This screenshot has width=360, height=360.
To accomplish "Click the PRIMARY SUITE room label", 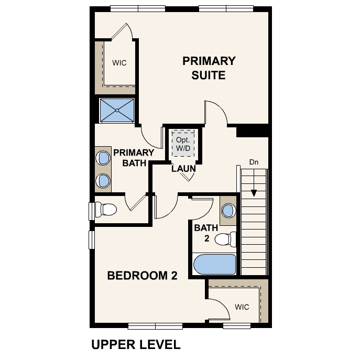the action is [x=209, y=68].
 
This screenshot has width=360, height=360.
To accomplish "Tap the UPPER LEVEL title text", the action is [x=136, y=345].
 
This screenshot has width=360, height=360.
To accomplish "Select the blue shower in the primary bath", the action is [x=117, y=110].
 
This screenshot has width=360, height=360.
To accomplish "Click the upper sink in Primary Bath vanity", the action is [x=103, y=158].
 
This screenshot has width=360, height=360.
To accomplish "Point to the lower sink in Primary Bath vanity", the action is [x=103, y=180].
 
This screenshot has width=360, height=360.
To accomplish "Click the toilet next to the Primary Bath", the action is [x=106, y=209].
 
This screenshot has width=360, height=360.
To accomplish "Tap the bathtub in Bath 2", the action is [x=214, y=264].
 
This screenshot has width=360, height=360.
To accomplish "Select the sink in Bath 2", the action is [x=228, y=211].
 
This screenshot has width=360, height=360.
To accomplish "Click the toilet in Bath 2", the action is [x=225, y=239].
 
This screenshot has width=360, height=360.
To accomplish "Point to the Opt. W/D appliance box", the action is [x=183, y=144].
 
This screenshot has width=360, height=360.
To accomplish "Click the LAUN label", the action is [x=184, y=169].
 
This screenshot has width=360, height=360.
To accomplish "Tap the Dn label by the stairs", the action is [x=254, y=162].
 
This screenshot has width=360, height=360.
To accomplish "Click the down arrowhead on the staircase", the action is [x=254, y=193].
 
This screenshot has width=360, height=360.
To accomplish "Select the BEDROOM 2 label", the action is [x=143, y=276].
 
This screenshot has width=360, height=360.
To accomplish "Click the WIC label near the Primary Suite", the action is [x=119, y=63].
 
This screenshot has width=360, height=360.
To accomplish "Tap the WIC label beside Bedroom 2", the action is [x=242, y=307].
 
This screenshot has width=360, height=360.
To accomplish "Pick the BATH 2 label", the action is [x=206, y=233].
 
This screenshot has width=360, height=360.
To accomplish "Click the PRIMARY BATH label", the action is [x=134, y=158].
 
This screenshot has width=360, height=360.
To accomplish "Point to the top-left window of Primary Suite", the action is [x=138, y=9].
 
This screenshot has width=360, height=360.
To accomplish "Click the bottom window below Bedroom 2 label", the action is [x=155, y=326].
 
